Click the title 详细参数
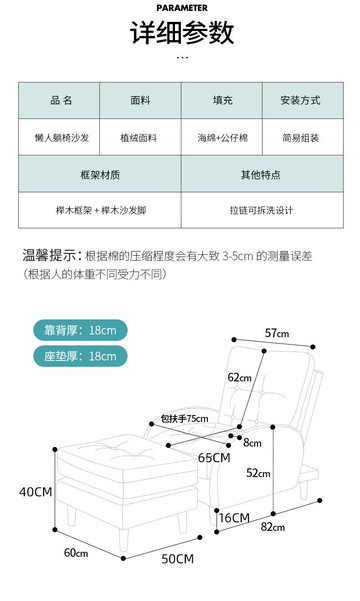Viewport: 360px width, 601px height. click(x=181, y=33)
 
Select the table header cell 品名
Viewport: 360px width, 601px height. click(x=61, y=101)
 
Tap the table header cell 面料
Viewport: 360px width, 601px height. click(x=140, y=101)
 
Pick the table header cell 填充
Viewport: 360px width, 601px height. click(x=221, y=101)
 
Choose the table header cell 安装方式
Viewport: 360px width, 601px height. click(x=300, y=101)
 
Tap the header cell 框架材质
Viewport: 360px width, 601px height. click(x=100, y=175)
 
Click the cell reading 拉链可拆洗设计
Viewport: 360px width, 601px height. click(x=260, y=210)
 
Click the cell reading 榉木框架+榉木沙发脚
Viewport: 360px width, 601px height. click(x=100, y=210)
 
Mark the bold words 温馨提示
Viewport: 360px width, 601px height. click(x=51, y=255)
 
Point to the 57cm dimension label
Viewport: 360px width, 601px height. click(x=277, y=333)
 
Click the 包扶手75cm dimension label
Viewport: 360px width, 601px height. click(x=185, y=419)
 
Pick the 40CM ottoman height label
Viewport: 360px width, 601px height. click(x=35, y=491)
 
